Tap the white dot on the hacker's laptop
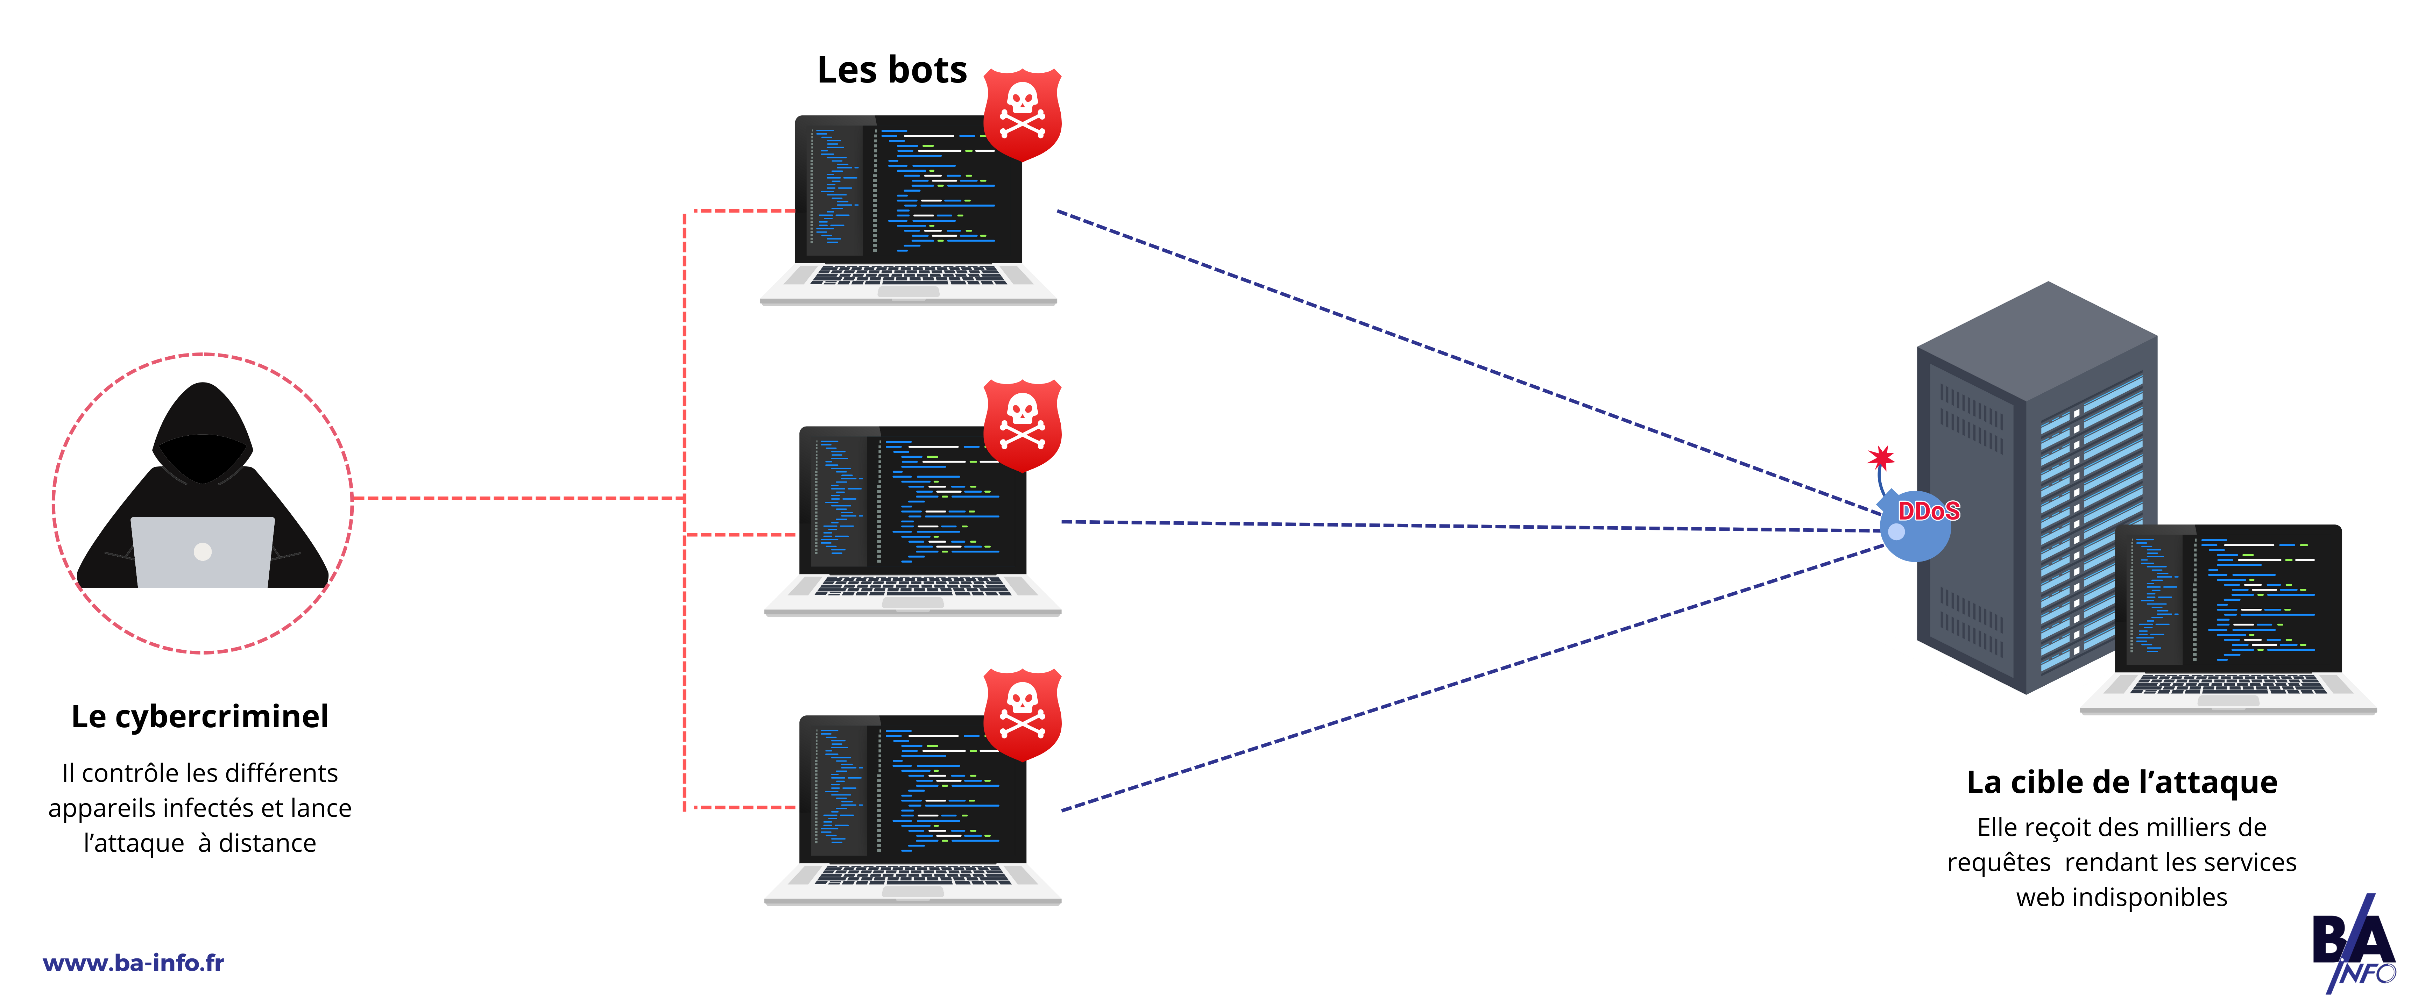(203, 552)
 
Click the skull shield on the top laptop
(1022, 113)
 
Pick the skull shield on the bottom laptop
(1022, 713)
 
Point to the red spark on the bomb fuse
(1880, 458)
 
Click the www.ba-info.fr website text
(133, 963)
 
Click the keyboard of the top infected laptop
(908, 275)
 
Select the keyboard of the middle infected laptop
(912, 587)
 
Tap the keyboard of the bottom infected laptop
(912, 876)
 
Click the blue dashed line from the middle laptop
(1464, 526)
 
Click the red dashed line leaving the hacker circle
(516, 498)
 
